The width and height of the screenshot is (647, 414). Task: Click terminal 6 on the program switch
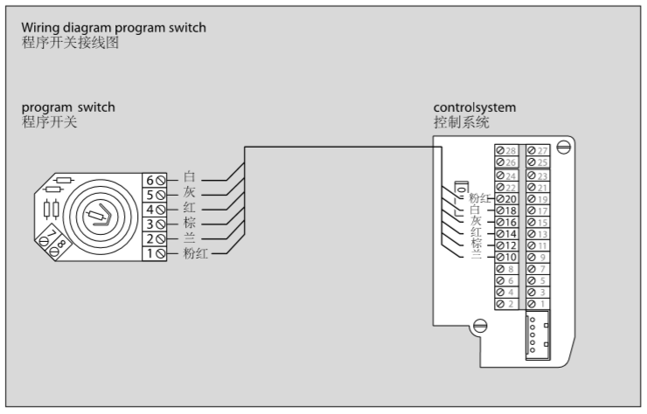point(155,179)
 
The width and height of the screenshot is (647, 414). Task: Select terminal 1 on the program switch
point(155,253)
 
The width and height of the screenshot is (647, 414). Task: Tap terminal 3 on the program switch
point(155,224)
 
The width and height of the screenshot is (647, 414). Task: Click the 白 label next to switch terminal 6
point(190,178)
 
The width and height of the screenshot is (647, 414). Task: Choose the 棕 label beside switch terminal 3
point(190,224)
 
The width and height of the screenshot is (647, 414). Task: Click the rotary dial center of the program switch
point(101,215)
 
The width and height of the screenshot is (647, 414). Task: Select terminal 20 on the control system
point(508,198)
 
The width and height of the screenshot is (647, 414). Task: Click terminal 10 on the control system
point(508,258)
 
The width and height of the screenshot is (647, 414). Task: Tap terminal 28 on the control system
point(507,151)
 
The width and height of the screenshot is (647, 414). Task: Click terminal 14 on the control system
point(508,234)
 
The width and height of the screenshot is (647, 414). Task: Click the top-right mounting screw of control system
point(564,148)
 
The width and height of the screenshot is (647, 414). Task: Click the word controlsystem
point(475,107)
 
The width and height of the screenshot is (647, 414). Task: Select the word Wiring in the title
point(40,28)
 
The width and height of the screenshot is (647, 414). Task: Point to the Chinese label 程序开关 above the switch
point(50,121)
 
